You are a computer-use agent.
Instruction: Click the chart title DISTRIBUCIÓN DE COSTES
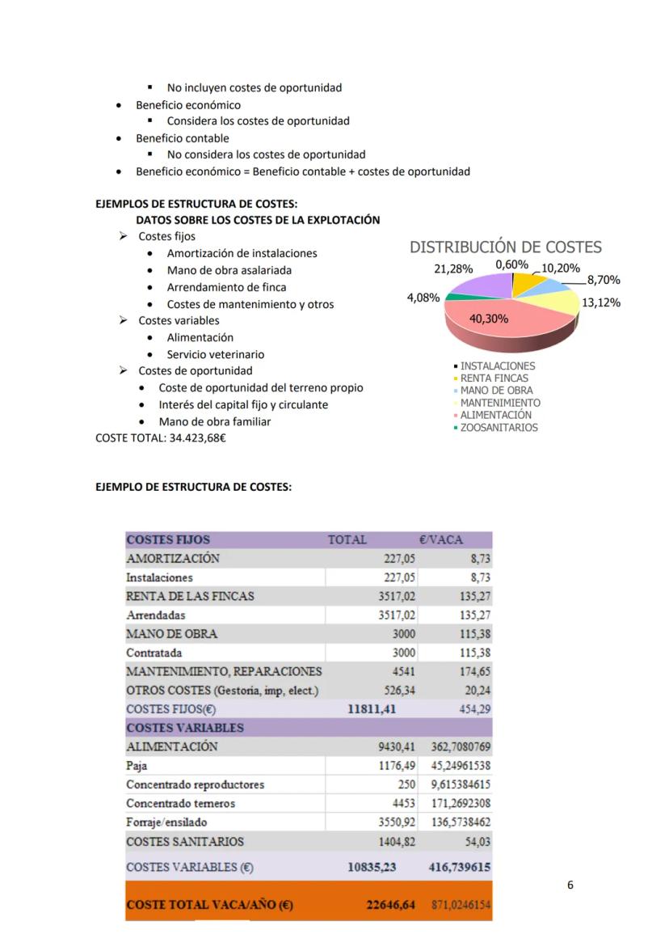click(x=506, y=247)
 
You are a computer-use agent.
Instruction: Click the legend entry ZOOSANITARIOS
click(x=498, y=428)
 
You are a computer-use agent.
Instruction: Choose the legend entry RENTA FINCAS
click(x=494, y=378)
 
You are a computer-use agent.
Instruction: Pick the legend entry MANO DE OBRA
click(x=496, y=390)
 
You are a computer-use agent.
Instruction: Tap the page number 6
click(x=570, y=885)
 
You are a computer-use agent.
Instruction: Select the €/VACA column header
click(x=441, y=539)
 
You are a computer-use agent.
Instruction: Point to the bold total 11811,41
click(x=371, y=709)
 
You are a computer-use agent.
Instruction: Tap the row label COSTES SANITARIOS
click(x=184, y=841)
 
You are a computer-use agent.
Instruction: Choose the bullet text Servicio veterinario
click(x=215, y=354)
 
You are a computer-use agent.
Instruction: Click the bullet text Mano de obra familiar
click(x=215, y=421)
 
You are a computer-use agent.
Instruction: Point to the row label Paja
click(x=137, y=765)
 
